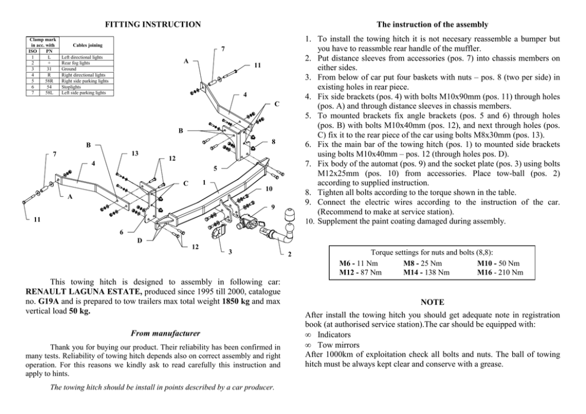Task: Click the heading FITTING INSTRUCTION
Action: (152, 24)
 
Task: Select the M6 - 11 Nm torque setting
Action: (359, 263)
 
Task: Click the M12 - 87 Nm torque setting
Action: (360, 272)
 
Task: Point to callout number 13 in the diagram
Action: (135, 154)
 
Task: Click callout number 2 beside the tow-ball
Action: (289, 255)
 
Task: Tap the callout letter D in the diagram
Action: (139, 240)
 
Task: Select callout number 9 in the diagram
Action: (273, 207)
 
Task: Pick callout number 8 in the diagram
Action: (274, 141)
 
